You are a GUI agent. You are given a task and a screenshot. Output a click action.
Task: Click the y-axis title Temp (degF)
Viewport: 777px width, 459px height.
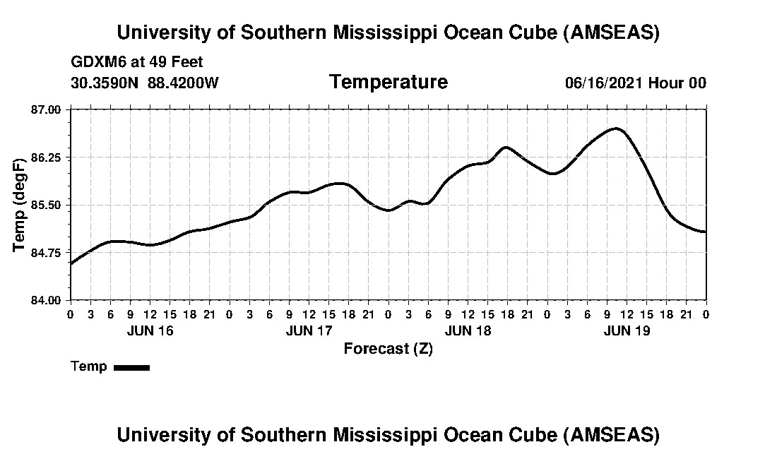20,205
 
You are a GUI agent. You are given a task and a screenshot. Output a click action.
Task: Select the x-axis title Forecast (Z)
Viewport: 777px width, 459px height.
388,348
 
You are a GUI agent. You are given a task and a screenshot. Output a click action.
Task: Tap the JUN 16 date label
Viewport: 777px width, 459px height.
150,330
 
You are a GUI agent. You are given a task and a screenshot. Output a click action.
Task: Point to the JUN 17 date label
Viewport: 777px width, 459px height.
309,330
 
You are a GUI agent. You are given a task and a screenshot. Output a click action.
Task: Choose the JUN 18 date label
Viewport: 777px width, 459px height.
468,330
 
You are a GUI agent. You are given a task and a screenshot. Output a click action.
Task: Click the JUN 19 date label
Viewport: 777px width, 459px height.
627,330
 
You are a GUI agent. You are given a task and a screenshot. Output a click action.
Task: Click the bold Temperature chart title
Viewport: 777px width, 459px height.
388,82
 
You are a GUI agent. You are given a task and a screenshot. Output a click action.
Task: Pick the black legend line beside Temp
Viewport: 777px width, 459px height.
131,367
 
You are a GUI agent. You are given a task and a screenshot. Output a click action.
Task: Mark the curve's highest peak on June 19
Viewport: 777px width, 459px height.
616,129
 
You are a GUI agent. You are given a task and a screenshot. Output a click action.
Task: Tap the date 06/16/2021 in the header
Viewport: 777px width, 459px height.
604,83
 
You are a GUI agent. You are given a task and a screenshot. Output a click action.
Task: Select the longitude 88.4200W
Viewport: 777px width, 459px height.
183,83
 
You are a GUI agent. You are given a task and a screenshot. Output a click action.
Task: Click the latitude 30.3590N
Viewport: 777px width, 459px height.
106,83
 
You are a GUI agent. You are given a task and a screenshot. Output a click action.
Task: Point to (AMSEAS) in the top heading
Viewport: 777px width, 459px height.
612,33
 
